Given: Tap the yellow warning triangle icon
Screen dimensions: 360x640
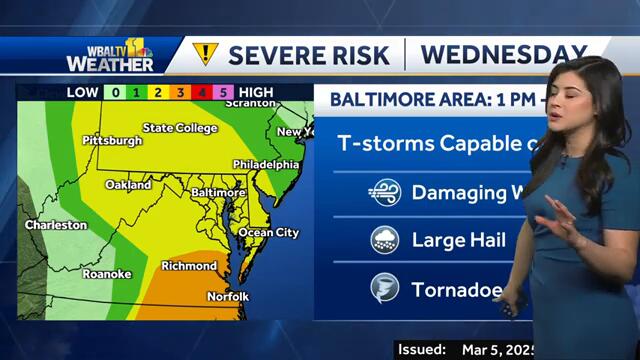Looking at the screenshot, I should (x=205, y=54).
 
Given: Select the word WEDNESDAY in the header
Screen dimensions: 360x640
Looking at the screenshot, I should (x=502, y=54).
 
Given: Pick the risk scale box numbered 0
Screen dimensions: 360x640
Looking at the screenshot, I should (x=116, y=93).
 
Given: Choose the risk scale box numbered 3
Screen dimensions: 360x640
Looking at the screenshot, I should (x=180, y=93).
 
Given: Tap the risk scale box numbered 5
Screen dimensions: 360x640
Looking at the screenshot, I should (x=226, y=93).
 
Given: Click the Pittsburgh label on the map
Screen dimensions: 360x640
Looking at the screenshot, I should (x=112, y=140).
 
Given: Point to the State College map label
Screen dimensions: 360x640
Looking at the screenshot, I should (x=180, y=128).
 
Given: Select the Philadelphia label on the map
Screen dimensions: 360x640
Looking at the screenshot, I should (x=265, y=164).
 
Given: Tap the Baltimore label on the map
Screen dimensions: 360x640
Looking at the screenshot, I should (x=218, y=191).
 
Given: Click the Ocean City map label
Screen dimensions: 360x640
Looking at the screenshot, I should (x=268, y=233).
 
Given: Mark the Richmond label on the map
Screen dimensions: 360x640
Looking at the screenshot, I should (x=189, y=266).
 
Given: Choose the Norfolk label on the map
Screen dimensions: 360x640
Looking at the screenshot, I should (x=228, y=297).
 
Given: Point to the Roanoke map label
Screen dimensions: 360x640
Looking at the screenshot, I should (x=107, y=273).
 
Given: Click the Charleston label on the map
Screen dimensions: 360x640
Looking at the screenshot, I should (x=56, y=225).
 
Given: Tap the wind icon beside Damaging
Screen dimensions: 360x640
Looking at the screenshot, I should (x=384, y=192).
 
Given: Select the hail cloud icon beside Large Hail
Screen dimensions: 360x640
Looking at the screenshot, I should (x=384, y=240).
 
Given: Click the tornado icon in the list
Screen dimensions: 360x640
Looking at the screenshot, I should (x=384, y=289).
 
